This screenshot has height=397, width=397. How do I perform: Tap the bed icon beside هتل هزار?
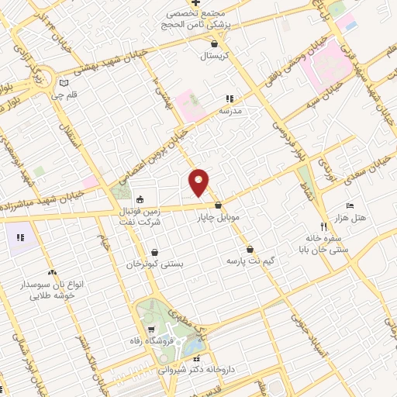(350, 205)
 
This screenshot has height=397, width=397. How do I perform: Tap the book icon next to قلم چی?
(64, 83)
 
